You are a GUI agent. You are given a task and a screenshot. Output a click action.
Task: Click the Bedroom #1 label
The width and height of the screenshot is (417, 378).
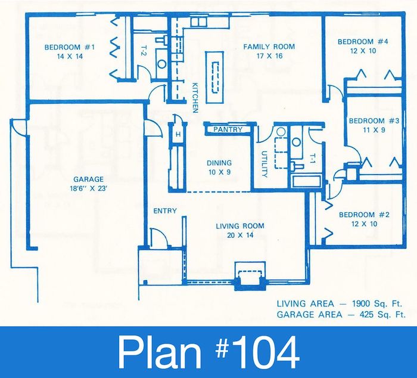[x=70, y=47]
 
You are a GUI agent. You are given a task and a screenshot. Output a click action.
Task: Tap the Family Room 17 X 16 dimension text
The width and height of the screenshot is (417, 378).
[x=269, y=56]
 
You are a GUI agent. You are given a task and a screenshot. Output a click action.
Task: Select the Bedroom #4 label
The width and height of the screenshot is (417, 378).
[x=363, y=42]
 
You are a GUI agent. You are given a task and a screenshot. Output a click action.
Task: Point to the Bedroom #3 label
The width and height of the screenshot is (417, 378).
[x=374, y=121]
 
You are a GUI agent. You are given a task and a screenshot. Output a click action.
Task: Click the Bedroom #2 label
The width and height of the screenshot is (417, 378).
[x=364, y=215]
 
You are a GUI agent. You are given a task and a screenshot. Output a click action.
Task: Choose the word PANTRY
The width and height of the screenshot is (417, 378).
[x=228, y=129]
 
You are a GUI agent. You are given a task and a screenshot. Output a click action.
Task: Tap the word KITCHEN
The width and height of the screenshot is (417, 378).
[x=195, y=98]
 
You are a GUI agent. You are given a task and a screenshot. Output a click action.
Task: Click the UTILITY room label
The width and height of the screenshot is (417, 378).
[x=264, y=164]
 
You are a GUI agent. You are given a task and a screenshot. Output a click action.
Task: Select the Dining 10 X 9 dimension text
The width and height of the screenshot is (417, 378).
[x=219, y=172]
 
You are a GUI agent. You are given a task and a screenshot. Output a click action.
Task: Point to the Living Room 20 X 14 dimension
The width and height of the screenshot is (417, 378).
[x=240, y=236]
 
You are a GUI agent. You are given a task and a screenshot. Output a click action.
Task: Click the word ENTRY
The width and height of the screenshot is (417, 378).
[x=165, y=211]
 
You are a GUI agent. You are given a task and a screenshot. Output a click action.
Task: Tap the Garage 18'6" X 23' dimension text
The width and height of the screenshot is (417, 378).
[x=88, y=189]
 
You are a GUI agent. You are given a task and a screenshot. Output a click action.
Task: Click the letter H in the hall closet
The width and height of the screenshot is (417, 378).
[x=178, y=135]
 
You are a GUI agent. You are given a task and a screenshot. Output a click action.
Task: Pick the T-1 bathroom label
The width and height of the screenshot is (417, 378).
[x=313, y=159]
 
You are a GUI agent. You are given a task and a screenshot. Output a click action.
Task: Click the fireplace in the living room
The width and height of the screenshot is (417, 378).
[x=250, y=276]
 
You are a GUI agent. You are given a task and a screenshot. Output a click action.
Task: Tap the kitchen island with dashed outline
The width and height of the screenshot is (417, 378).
[x=214, y=77]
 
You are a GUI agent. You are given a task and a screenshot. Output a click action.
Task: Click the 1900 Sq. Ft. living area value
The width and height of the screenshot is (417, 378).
[x=377, y=303]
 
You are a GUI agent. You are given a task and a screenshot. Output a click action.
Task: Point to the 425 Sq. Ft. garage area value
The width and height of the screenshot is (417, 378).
[x=382, y=315]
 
